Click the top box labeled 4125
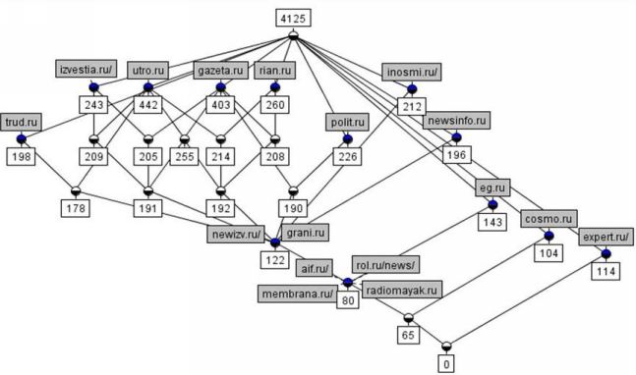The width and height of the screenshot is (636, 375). point(294,18)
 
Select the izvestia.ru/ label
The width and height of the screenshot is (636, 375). point(86,70)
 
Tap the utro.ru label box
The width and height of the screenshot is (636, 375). point(148,71)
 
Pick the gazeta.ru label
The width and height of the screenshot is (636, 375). point(220,71)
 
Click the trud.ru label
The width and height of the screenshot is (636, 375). point(21,122)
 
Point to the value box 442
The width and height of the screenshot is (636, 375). point(148,105)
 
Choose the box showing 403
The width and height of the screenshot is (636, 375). point(220,105)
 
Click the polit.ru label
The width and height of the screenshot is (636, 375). point(348,122)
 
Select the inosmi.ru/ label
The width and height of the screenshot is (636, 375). point(412,72)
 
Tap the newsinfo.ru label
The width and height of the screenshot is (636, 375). point(457,121)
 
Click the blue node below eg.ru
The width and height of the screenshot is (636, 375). point(492,204)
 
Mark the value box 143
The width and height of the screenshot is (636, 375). point(492,222)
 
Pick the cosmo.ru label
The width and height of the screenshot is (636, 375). point(549,219)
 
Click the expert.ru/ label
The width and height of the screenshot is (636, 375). point(606,237)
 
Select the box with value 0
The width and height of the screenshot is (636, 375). point(446,363)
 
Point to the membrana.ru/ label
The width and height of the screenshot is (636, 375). point(298,294)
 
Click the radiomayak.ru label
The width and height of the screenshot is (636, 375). point(402,290)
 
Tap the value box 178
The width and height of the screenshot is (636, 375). point(76,208)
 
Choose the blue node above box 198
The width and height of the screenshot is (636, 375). point(21,139)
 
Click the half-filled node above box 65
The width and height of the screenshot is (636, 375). point(409,318)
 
